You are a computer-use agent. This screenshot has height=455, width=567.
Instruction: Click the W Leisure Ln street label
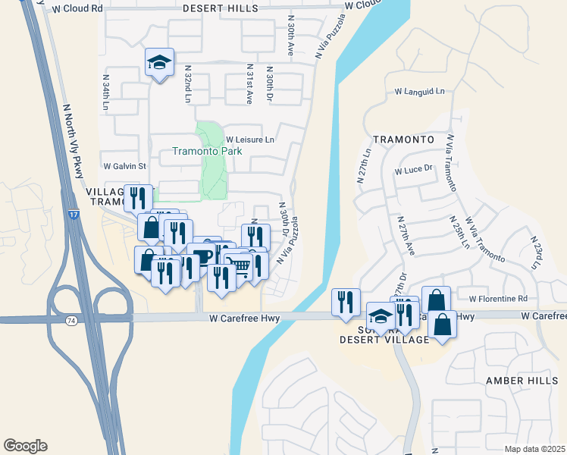coord(250,140)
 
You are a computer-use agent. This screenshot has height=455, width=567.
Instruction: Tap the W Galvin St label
coord(124,165)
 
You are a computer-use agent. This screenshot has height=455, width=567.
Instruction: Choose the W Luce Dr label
coord(413,170)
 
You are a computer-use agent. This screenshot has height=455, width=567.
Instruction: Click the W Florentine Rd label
coord(497,299)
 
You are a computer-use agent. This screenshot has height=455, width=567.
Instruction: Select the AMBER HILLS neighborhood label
coord(512,381)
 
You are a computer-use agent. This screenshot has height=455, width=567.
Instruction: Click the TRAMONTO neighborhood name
coord(403,140)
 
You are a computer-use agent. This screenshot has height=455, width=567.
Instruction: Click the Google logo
coord(25,446)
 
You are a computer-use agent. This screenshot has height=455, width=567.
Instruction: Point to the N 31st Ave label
coord(248,84)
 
